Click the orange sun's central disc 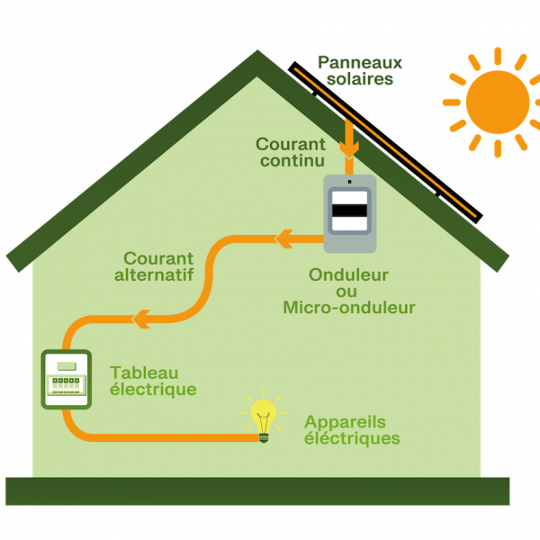(498, 102)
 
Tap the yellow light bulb (264, 417)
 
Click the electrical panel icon (67, 380)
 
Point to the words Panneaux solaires (360, 70)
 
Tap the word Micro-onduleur (349, 308)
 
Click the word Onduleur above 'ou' (350, 274)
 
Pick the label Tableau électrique (153, 381)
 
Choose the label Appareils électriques (352, 429)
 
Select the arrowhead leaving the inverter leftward (284, 238)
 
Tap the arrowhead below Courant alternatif (142, 318)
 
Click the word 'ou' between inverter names (346, 291)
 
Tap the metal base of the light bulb (264, 436)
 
